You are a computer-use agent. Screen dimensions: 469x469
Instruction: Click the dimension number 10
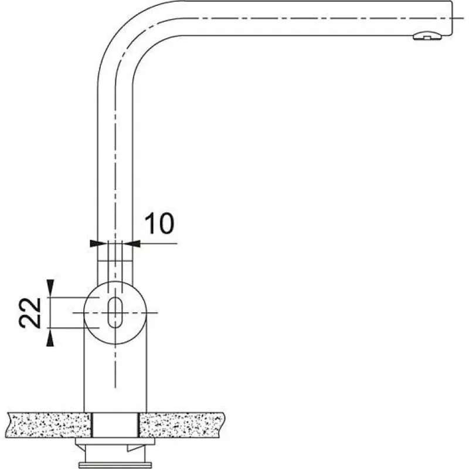(159, 223)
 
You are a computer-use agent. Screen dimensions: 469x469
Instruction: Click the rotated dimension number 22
(30, 313)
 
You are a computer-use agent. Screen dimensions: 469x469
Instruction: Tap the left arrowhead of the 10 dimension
(97, 243)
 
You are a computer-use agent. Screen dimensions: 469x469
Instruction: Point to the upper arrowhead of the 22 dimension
(50, 287)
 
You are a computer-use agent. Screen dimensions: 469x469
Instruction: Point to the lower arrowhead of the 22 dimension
(50, 339)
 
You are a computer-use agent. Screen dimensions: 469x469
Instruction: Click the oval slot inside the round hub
(115, 312)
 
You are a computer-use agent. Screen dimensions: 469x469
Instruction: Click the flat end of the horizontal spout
(451, 18)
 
